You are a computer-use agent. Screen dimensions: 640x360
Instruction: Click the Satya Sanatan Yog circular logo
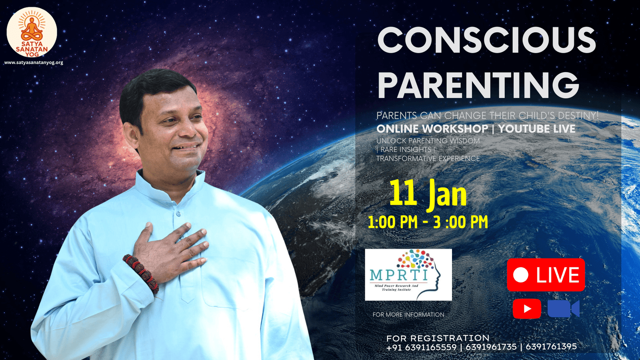coord(32,32)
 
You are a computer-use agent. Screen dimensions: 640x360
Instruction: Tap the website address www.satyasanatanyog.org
coord(34,62)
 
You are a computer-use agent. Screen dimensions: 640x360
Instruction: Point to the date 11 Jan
coord(428,195)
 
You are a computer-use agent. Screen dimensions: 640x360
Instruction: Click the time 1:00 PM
coord(392,222)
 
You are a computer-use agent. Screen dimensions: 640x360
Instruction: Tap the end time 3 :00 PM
coord(460,222)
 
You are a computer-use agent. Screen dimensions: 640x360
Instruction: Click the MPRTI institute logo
coord(408,274)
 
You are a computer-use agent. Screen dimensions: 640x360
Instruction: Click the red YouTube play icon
coord(527,308)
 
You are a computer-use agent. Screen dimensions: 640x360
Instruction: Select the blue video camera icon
coord(564,308)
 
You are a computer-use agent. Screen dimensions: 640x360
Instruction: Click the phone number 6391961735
coord(491,347)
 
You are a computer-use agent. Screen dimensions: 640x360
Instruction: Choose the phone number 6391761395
coord(551,347)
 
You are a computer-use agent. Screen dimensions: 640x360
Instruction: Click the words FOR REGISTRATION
coord(438,338)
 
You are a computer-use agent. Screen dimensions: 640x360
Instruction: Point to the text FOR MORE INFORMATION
coord(408,314)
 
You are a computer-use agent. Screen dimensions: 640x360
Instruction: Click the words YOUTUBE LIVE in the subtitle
coord(537,129)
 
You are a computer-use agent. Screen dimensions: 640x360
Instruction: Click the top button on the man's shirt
coord(178,214)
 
